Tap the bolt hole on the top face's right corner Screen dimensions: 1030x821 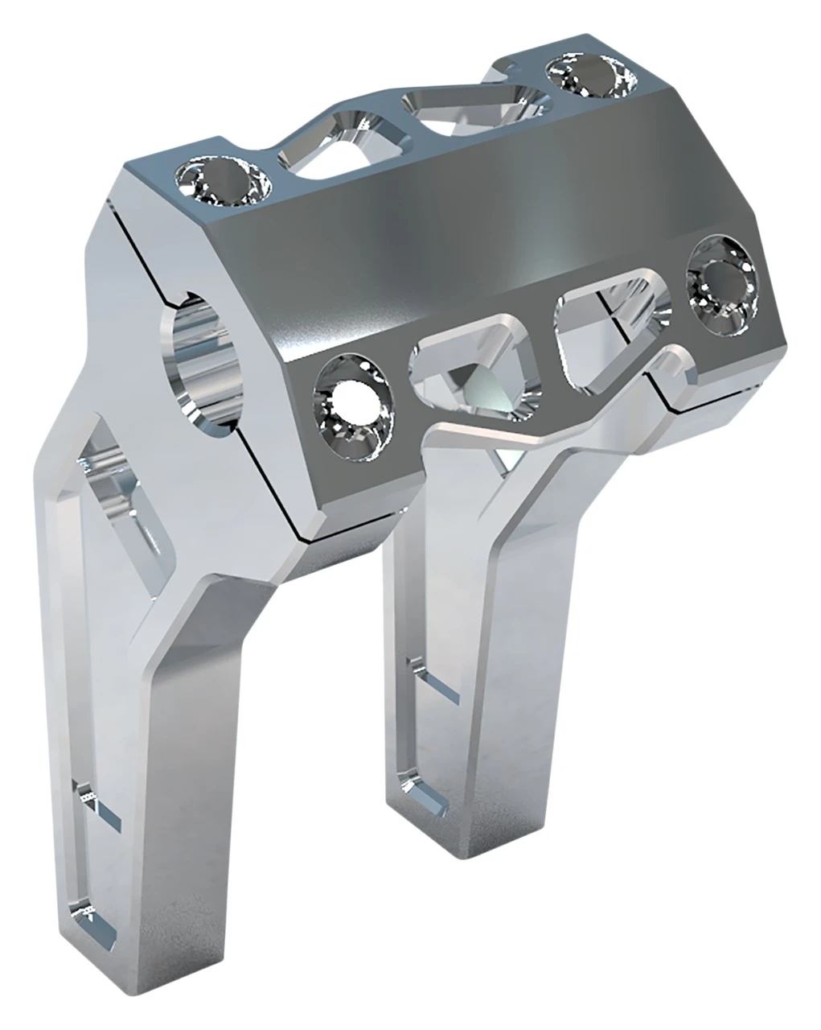pos(589,75)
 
